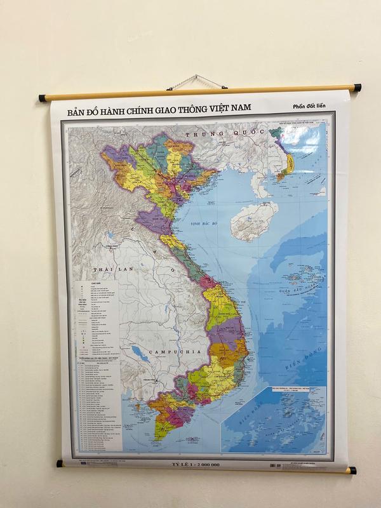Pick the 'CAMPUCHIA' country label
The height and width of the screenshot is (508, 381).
click(167, 351)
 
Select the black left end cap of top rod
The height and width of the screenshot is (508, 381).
click(43, 98)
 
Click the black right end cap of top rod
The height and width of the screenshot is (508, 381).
click(357, 88)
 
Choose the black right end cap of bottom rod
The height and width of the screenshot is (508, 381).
click(352, 471)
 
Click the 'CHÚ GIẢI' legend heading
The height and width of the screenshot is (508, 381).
click(97, 285)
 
